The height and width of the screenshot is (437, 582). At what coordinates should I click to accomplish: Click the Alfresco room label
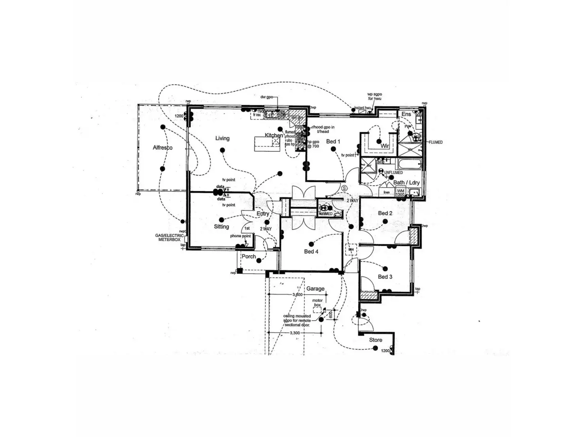coord(163,148)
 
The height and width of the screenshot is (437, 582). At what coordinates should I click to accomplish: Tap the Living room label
coord(222,138)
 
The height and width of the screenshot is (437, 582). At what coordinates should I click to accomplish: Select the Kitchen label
coord(274,135)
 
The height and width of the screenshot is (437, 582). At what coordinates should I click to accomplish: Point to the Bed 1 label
coord(333,141)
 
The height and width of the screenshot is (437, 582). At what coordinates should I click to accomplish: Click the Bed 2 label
coord(385,213)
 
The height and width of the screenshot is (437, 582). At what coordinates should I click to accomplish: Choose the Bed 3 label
coord(385,277)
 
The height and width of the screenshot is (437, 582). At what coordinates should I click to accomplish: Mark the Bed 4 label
coord(311,251)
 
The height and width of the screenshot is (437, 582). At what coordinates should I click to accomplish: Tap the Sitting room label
coord(221,226)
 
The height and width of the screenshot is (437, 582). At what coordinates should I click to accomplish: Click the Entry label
coord(263,214)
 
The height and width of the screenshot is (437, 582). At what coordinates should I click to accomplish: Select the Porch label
coord(249,256)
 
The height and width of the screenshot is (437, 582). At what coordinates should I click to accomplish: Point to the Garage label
coord(315,289)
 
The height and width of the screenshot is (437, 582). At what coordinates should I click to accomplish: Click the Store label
coord(376,340)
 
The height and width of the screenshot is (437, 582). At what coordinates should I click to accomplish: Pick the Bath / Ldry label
coord(406,182)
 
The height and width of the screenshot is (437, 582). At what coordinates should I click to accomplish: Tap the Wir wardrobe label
coord(385,146)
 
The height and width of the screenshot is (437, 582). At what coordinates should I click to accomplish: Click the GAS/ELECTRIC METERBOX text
coord(169,237)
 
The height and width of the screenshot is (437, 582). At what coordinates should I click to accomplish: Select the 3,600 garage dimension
coord(297,295)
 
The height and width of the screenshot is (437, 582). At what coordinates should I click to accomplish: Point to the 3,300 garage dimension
coord(295,333)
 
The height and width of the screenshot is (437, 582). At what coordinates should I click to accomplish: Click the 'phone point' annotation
coord(240,236)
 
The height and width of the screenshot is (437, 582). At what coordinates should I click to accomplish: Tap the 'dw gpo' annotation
coord(266,97)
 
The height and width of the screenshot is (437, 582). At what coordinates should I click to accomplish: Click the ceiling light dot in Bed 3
coord(379,268)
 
